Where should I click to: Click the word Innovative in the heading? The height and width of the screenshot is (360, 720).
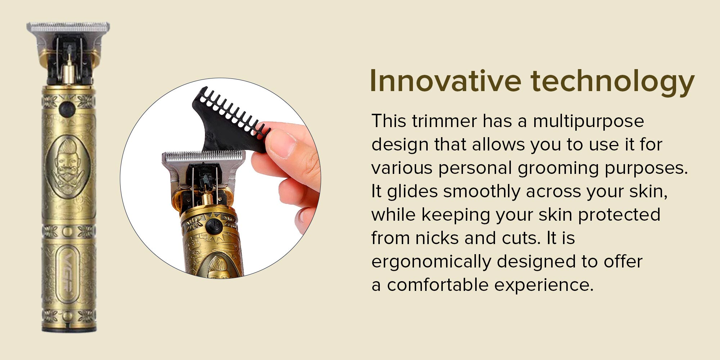click(x=445, y=81)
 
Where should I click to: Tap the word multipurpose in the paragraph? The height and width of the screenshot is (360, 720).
click(x=588, y=122)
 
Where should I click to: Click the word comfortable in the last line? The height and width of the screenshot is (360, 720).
click(x=438, y=285)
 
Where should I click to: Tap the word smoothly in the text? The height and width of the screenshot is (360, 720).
click(x=482, y=192)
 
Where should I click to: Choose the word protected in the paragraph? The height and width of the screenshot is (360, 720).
click(x=619, y=215)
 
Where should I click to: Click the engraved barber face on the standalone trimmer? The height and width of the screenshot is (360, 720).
click(x=67, y=167)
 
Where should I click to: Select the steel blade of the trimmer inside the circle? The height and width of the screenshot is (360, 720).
click(x=204, y=157)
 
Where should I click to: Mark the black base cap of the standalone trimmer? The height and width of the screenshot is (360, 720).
click(x=69, y=328)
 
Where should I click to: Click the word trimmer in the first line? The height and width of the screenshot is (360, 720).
click(x=445, y=121)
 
